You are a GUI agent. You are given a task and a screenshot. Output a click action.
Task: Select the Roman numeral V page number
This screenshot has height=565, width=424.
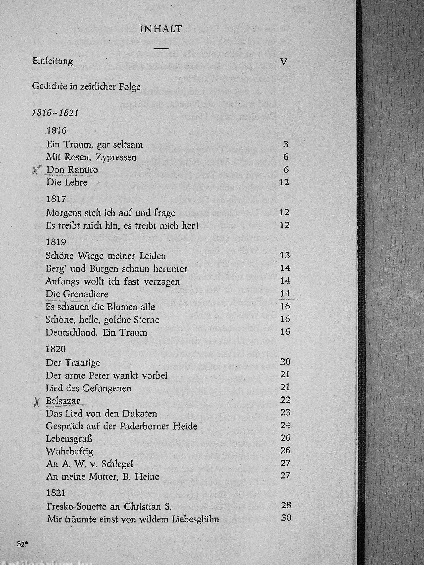pos(283,62)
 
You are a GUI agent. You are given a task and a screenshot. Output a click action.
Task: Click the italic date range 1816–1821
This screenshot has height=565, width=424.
pos(55,113)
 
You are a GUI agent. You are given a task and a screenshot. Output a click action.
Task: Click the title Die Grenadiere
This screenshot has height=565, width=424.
pos(77,294)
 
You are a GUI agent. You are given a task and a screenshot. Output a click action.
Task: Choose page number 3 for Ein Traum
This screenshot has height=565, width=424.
pos(286,144)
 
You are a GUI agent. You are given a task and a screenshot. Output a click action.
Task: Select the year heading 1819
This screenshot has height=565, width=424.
pos(56,242)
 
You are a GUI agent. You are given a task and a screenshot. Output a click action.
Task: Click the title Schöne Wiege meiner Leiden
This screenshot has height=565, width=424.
pos(106,256)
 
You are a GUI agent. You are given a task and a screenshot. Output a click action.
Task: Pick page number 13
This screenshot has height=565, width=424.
pos(285,255)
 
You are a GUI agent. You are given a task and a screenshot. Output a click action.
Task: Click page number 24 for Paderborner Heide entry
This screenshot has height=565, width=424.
pos(285,425)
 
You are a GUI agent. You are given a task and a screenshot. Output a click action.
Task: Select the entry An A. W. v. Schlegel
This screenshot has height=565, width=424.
pos(89,464)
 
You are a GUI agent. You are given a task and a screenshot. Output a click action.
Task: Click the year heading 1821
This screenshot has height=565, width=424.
pos(56,492)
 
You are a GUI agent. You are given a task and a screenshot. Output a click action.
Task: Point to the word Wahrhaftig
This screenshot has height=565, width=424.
pos(69,451)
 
